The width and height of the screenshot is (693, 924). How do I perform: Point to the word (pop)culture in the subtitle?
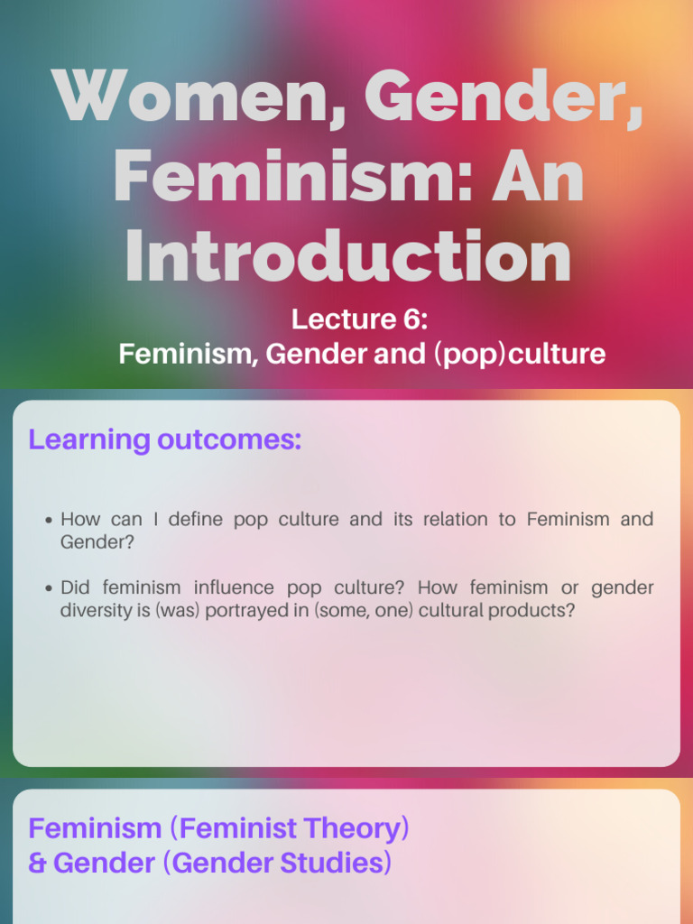click(519, 354)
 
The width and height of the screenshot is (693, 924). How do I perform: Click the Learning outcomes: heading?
click(164, 440)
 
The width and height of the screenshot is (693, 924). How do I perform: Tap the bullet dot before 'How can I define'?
click(49, 521)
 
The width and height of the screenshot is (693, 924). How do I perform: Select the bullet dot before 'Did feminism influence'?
click(49, 589)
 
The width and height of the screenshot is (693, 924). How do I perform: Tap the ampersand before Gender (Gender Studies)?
click(37, 864)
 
